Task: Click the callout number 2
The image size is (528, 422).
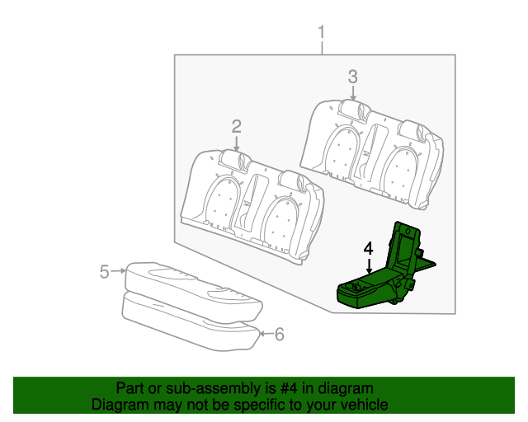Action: pos(236,126)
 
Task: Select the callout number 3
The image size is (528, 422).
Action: pos(352,77)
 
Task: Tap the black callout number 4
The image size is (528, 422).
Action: pos(368,246)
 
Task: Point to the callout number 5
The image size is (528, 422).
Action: pos(104,271)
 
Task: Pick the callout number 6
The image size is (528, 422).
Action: pos(279,334)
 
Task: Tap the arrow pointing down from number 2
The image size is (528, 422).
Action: pos(236,143)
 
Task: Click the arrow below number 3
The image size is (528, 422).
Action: pos(353,94)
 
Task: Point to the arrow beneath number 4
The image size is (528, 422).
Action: pos(368,264)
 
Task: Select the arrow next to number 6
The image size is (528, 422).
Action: pos(263,334)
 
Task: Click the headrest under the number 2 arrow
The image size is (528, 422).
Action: pos(237,159)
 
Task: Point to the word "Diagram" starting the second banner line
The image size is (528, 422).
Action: pos(120,405)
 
